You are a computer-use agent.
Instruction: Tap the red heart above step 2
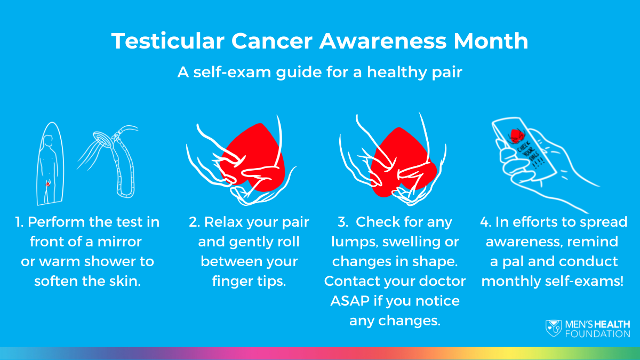point(251,157)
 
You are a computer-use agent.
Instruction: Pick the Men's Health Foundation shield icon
point(553,328)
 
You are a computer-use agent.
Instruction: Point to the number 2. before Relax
point(195,222)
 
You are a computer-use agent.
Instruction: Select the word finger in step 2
point(231,281)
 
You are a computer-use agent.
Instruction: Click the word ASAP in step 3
point(349,301)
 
